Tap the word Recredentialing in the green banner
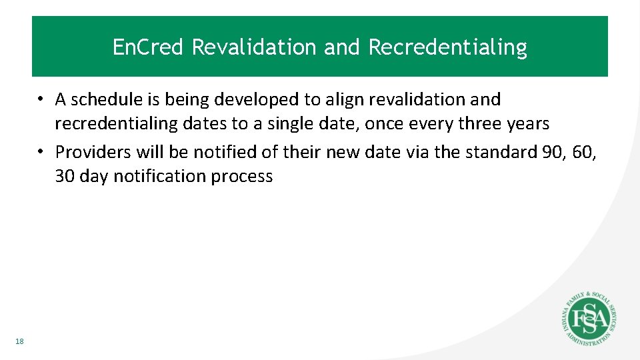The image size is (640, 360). click(447, 47)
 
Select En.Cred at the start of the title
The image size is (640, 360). click(149, 47)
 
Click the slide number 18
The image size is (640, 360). click(19, 342)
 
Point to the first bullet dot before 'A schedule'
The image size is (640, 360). click(41, 99)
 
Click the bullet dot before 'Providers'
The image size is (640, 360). click(41, 151)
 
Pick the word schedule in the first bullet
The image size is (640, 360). click(107, 99)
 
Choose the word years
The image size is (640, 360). click(527, 124)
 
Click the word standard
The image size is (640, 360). click(496, 151)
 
